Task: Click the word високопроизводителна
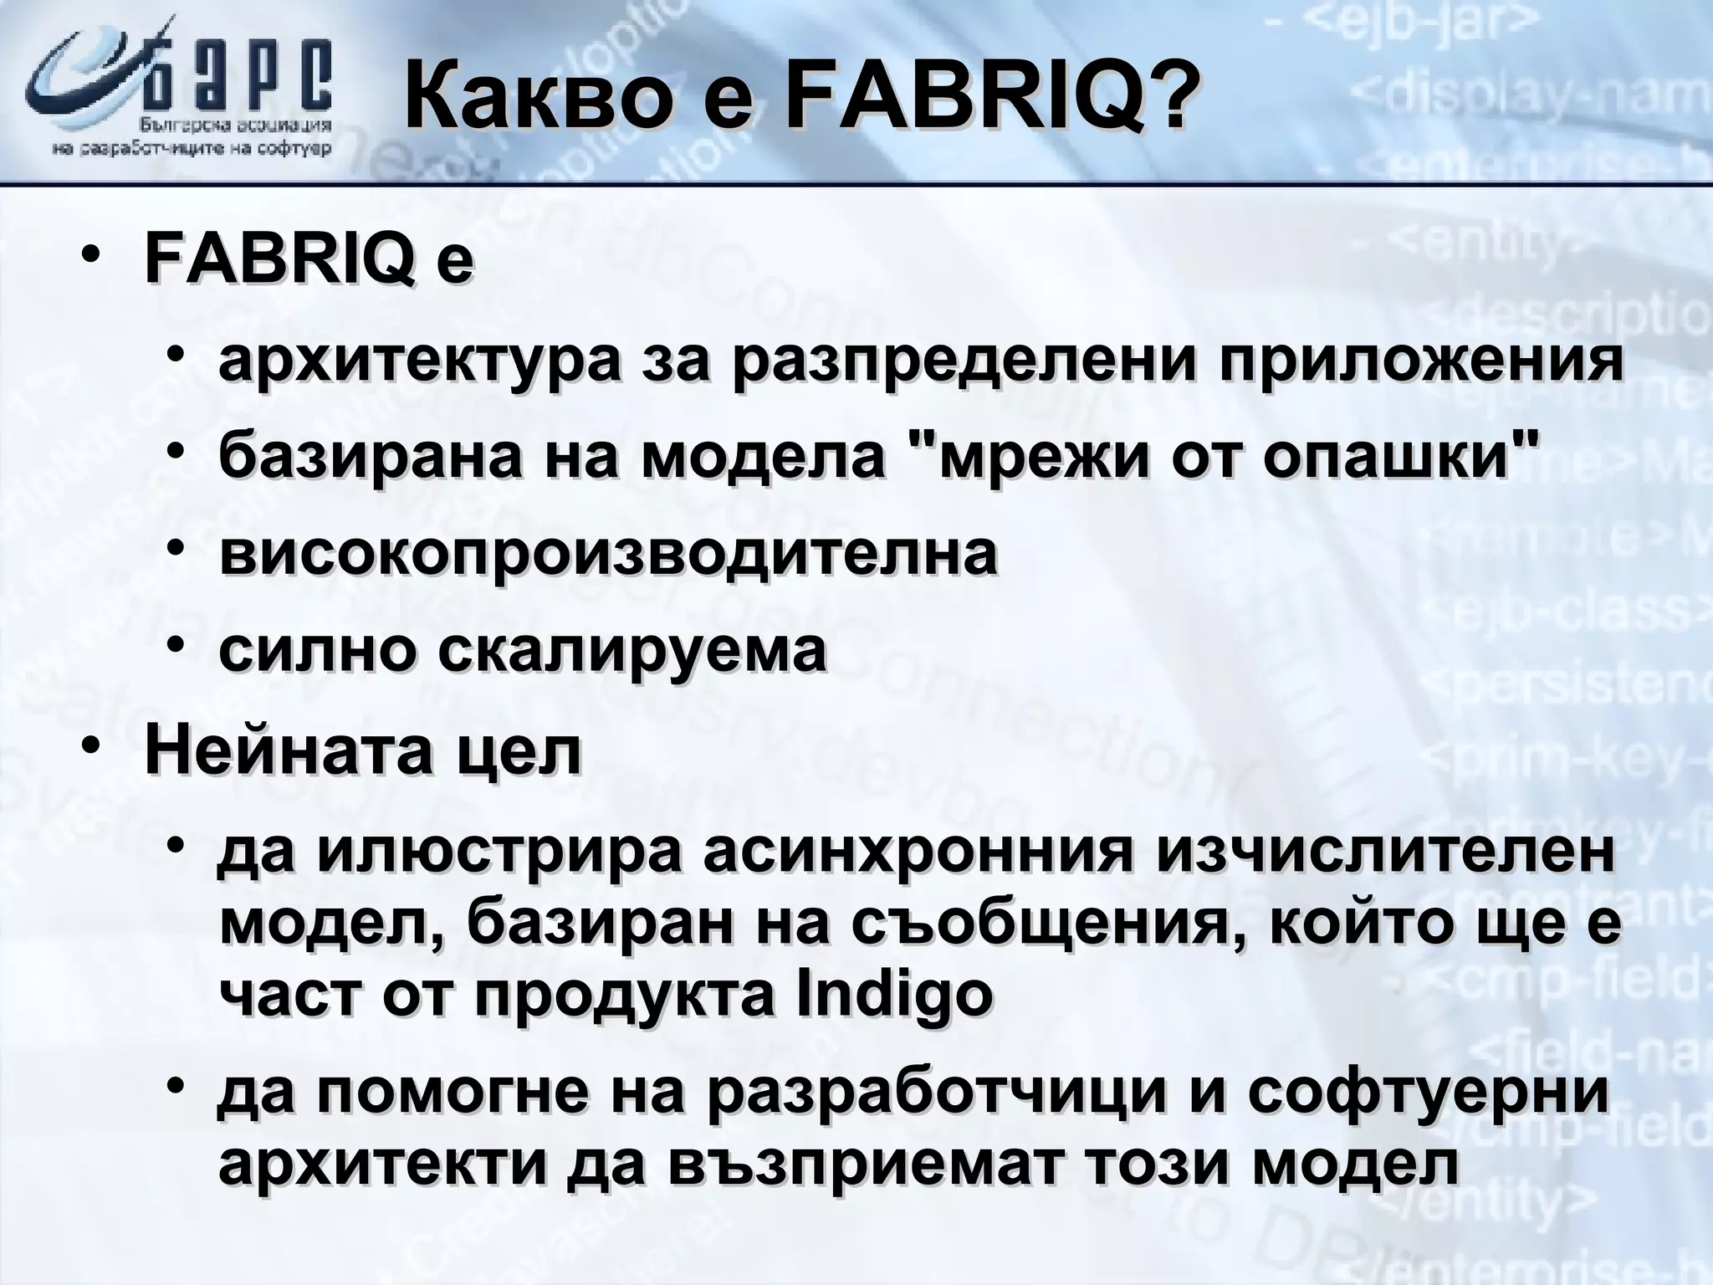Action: coord(608,553)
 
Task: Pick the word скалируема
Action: coord(632,650)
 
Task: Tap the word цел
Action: coord(519,750)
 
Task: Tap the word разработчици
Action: coord(936,1092)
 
